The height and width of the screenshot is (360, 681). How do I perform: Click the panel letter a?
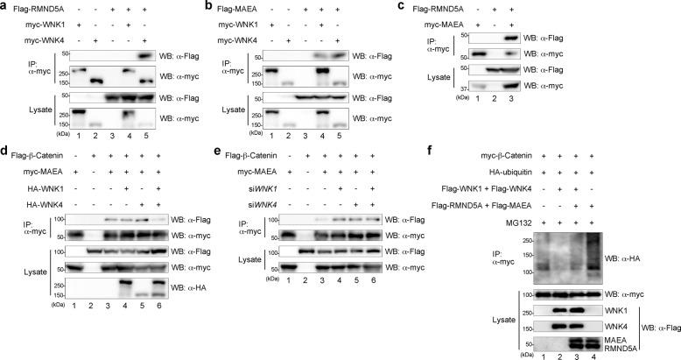pyautogui.click(x=5, y=6)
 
